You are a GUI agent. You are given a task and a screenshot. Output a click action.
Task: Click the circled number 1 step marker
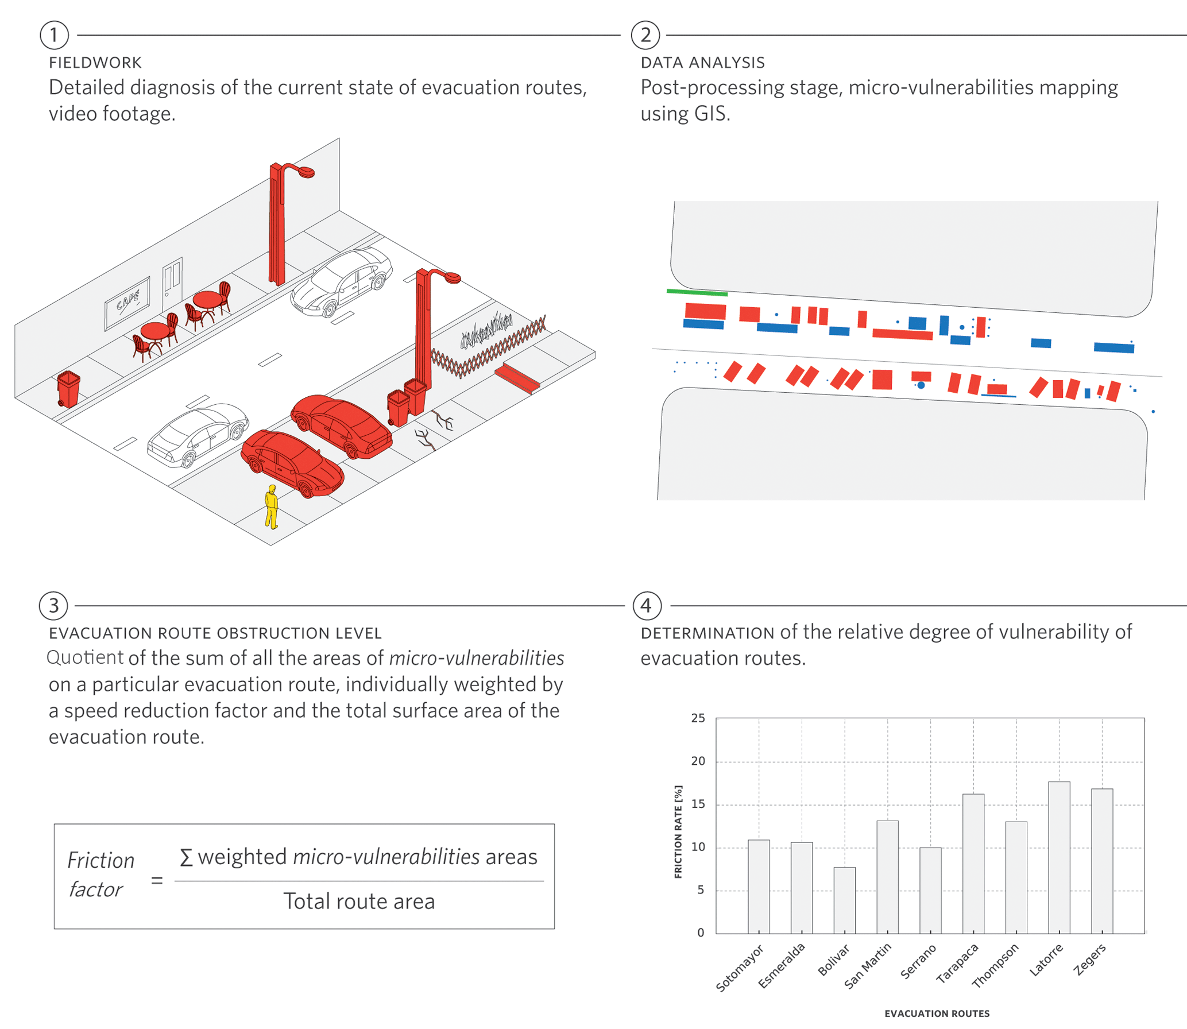click(x=54, y=35)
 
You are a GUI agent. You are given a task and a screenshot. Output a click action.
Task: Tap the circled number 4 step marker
click(x=647, y=606)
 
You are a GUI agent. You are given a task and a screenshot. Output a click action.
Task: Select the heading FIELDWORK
click(x=95, y=63)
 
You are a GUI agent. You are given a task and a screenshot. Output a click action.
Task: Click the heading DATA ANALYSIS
click(x=702, y=63)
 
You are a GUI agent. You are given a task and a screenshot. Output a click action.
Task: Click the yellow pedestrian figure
click(x=272, y=507)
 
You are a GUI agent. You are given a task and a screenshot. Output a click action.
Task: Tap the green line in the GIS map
click(x=697, y=293)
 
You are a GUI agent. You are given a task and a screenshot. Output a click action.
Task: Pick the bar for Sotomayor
click(x=759, y=887)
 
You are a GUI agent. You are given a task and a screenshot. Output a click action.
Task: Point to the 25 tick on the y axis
click(x=698, y=718)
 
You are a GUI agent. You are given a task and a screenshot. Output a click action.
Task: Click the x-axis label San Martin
click(x=868, y=966)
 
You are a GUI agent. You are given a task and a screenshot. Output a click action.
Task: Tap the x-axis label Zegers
click(x=1090, y=960)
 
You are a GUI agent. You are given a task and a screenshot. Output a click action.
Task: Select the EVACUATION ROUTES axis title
click(x=937, y=1013)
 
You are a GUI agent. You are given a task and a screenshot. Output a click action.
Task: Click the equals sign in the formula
click(x=157, y=880)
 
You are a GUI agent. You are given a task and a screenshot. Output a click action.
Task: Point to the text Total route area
click(x=359, y=902)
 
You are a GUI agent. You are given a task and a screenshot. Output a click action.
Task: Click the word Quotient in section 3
click(x=85, y=657)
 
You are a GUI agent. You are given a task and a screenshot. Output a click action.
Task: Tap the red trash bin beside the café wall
click(x=68, y=389)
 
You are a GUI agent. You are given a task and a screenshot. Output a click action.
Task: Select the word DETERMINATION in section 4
click(x=707, y=633)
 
